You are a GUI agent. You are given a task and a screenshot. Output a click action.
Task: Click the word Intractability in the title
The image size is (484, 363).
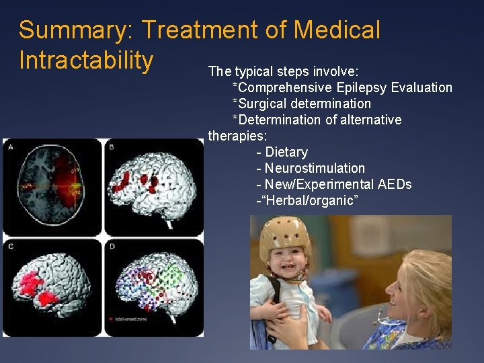click(86, 60)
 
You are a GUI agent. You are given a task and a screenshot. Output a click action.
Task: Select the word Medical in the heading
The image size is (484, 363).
click(337, 30)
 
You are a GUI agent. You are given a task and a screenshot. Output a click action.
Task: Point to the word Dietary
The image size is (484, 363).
click(286, 152)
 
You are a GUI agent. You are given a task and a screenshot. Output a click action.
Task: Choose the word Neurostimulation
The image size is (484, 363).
click(315, 168)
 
